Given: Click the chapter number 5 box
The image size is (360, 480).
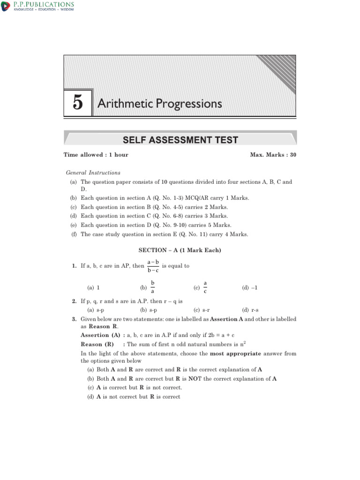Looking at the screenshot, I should click(x=78, y=103).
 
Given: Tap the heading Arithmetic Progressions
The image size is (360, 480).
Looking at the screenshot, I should click(x=159, y=103).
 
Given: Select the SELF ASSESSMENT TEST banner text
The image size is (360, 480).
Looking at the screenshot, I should click(x=180, y=140).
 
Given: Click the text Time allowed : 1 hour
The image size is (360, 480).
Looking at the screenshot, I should click(x=96, y=155).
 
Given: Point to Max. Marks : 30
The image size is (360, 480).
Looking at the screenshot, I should click(x=273, y=155).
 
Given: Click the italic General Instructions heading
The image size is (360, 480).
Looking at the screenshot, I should click(x=93, y=172).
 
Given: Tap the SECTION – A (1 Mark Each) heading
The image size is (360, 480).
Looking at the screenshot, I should click(x=180, y=250).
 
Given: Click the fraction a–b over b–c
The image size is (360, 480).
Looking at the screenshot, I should click(x=153, y=266).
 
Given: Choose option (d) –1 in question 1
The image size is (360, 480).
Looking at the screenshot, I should click(x=250, y=288).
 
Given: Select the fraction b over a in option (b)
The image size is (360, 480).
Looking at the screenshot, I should click(x=152, y=288).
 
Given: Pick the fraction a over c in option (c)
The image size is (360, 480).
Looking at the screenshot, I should click(x=205, y=288).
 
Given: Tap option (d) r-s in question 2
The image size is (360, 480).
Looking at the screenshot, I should click(x=250, y=310).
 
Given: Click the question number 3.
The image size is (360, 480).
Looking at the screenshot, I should click(x=74, y=319).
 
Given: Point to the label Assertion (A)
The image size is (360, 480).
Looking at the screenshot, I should click(x=101, y=336).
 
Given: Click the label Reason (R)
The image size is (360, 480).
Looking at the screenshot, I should click(x=97, y=344).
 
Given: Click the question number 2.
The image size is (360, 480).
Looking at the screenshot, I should click(x=74, y=301).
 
